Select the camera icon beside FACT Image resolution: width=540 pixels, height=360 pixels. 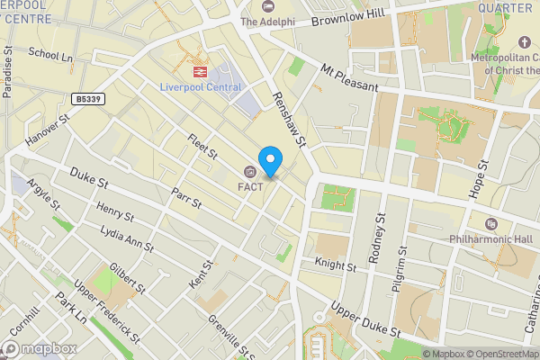point(249,172)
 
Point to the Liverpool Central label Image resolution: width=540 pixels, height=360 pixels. point(202,86)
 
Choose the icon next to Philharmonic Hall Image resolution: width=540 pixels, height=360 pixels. point(490,223)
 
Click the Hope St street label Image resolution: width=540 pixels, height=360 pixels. point(479,180)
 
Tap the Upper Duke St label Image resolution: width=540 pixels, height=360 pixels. point(365,319)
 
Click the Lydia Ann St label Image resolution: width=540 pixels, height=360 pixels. point(128,243)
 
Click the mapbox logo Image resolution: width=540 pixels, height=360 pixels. point(39,348)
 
